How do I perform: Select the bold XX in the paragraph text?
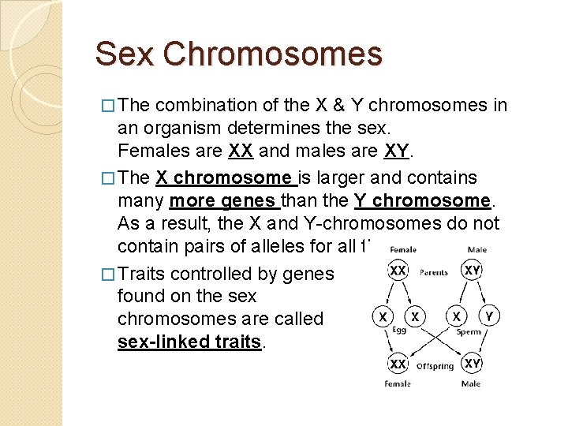pyautogui.click(x=242, y=151)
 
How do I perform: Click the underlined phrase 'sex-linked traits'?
pyautogui.click(x=189, y=342)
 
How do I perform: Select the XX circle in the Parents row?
pyautogui.click(x=398, y=271)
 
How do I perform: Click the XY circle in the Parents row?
pyautogui.click(x=473, y=271)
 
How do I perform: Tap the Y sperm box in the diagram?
pyautogui.click(x=489, y=316)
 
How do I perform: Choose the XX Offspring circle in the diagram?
pyautogui.click(x=398, y=363)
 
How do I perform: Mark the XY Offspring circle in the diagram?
pyautogui.click(x=473, y=363)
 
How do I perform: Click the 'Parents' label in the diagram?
pyautogui.click(x=434, y=272)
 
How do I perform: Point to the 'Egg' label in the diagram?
pyautogui.click(x=399, y=331)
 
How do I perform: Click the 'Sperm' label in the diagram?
pyautogui.click(x=469, y=332)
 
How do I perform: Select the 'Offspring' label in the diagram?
pyautogui.click(x=435, y=365)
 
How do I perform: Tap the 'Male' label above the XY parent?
pyautogui.click(x=476, y=250)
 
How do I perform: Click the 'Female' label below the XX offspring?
pyautogui.click(x=398, y=384)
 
